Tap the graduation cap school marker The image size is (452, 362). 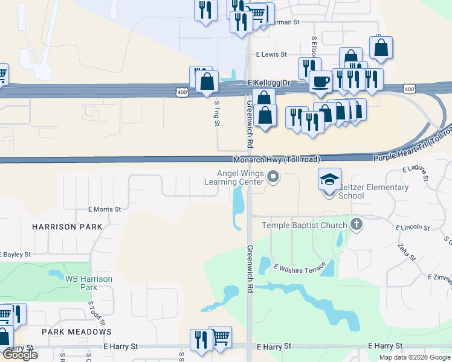click(x=329, y=180)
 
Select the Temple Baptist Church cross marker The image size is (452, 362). click(x=357, y=225)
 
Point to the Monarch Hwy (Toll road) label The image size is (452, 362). click(x=277, y=159)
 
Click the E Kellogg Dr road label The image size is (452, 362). click(x=269, y=83)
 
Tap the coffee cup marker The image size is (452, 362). click(x=320, y=81)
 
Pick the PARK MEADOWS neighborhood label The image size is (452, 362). click(x=77, y=332)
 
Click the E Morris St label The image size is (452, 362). click(x=105, y=209)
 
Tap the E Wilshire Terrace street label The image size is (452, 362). click(x=299, y=265)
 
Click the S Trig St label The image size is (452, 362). click(x=216, y=113)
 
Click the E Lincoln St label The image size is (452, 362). click(x=412, y=228)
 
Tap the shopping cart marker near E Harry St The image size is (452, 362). click(x=220, y=337)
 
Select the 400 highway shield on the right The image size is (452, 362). click(x=409, y=89)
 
